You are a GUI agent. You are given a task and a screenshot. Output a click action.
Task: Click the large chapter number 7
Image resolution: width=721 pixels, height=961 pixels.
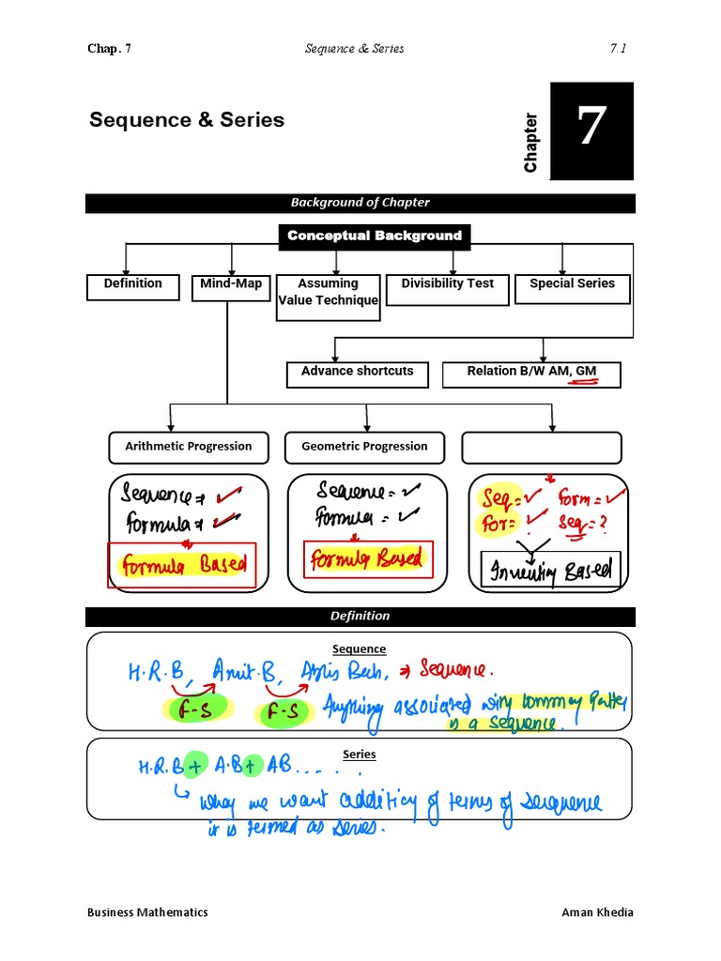(x=591, y=130)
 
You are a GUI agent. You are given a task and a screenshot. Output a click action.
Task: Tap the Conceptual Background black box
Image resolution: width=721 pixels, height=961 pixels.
(x=375, y=236)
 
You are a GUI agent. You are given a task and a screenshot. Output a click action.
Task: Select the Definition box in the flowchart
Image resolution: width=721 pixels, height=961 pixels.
(x=132, y=286)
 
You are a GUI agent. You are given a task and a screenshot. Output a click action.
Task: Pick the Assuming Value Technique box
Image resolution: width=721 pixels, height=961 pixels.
(x=328, y=297)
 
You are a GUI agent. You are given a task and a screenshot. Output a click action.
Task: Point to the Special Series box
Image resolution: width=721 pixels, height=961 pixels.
(x=572, y=288)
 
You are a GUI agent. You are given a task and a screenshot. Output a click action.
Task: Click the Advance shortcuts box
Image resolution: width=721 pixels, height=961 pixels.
(x=357, y=374)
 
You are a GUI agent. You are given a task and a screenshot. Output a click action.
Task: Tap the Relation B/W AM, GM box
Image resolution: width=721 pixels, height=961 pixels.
(x=531, y=374)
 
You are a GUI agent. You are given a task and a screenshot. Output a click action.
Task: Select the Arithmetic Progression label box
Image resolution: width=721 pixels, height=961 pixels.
(x=189, y=447)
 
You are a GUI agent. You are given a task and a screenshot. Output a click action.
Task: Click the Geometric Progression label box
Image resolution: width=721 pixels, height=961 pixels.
(x=364, y=447)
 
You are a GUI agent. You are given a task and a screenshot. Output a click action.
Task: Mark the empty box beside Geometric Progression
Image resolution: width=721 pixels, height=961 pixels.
(x=542, y=447)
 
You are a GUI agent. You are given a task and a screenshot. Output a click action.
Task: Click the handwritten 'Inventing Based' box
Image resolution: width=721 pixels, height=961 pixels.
(x=550, y=570)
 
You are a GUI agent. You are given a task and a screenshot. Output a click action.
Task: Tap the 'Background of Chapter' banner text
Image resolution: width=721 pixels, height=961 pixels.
(x=360, y=203)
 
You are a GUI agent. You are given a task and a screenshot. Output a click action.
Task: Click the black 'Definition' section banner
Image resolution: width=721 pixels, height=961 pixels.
(x=360, y=617)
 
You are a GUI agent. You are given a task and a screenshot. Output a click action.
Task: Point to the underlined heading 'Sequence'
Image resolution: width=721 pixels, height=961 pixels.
(x=360, y=649)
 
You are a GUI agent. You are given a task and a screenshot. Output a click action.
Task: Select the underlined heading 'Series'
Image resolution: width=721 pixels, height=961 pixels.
(x=360, y=754)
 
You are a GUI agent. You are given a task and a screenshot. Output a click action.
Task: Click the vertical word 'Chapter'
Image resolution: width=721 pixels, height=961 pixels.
(x=531, y=143)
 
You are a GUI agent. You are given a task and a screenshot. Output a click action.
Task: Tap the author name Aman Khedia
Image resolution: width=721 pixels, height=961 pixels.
(x=598, y=912)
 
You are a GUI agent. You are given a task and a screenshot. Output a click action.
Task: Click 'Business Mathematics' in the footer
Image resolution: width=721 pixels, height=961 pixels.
(x=147, y=912)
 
